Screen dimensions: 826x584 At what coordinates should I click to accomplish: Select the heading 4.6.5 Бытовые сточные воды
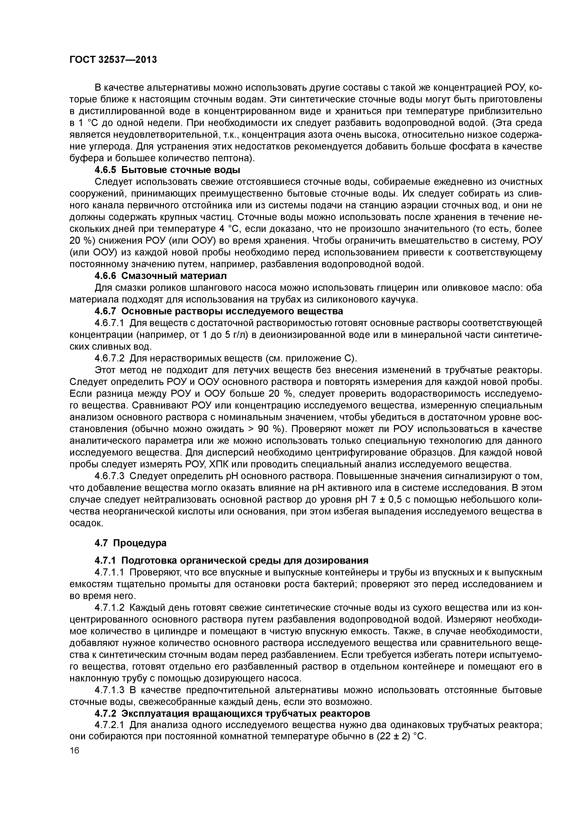coord(167,170)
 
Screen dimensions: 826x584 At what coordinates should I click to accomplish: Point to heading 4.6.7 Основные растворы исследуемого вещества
coord(219,311)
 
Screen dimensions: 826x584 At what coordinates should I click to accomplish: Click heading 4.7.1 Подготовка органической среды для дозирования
coord(232,560)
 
